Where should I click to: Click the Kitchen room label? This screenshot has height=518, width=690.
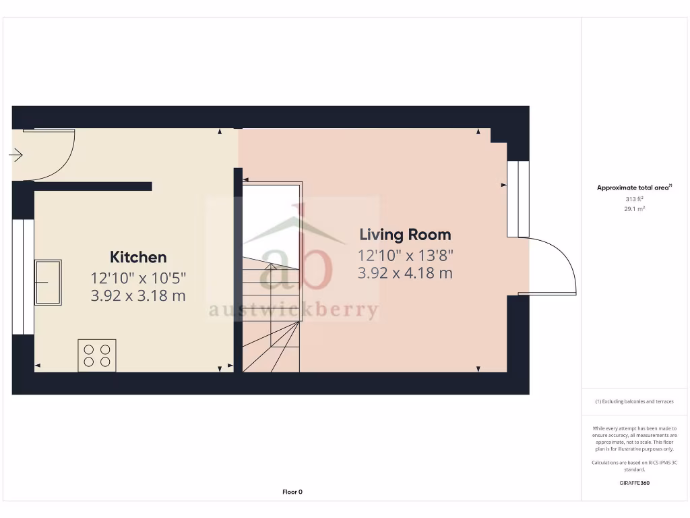[x=138, y=257]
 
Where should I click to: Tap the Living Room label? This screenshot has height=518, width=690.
[x=405, y=235]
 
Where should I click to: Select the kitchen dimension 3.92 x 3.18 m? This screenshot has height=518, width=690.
[x=138, y=295]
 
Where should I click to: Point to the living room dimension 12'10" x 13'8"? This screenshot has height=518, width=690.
[x=405, y=256]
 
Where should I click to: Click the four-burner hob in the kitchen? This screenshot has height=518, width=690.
[x=97, y=355]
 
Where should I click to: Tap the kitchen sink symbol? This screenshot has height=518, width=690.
[x=48, y=282]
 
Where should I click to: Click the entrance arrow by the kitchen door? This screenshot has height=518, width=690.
[x=16, y=156]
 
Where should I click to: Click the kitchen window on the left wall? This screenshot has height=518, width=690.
[x=24, y=277]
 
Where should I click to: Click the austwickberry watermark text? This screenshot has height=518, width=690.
[x=293, y=310]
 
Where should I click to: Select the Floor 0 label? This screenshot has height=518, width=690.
[x=292, y=492]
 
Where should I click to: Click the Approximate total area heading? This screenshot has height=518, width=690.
[x=634, y=188]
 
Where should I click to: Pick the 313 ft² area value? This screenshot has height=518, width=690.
[x=634, y=199]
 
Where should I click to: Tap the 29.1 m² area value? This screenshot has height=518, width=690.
[x=634, y=209]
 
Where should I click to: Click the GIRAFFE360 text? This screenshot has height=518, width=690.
[x=634, y=483]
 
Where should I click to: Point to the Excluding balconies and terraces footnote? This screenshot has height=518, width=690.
[x=634, y=401]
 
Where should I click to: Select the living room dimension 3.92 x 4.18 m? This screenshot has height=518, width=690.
[x=405, y=273]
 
